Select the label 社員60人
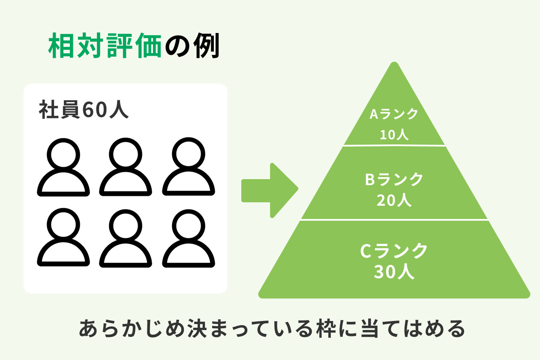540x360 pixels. tap(84, 110)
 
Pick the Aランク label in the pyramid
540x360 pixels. tap(394, 114)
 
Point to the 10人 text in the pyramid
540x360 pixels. tap(394, 135)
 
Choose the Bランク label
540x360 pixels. tap(394, 180)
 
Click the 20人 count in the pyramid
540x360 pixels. tap(394, 200)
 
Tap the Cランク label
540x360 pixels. tap(394, 251)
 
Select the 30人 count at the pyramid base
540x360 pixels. tap(394, 272)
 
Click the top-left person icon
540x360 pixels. tap(63, 167)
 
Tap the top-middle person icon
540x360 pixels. tap(126, 167)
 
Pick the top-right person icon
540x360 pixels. tap(188, 167)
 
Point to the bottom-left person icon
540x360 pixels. tap(63, 238)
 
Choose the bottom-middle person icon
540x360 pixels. tap(126, 238)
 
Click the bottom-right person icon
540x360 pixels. tap(188, 238)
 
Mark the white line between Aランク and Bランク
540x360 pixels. tap(394, 145)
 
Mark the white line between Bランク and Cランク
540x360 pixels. tap(394, 220)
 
